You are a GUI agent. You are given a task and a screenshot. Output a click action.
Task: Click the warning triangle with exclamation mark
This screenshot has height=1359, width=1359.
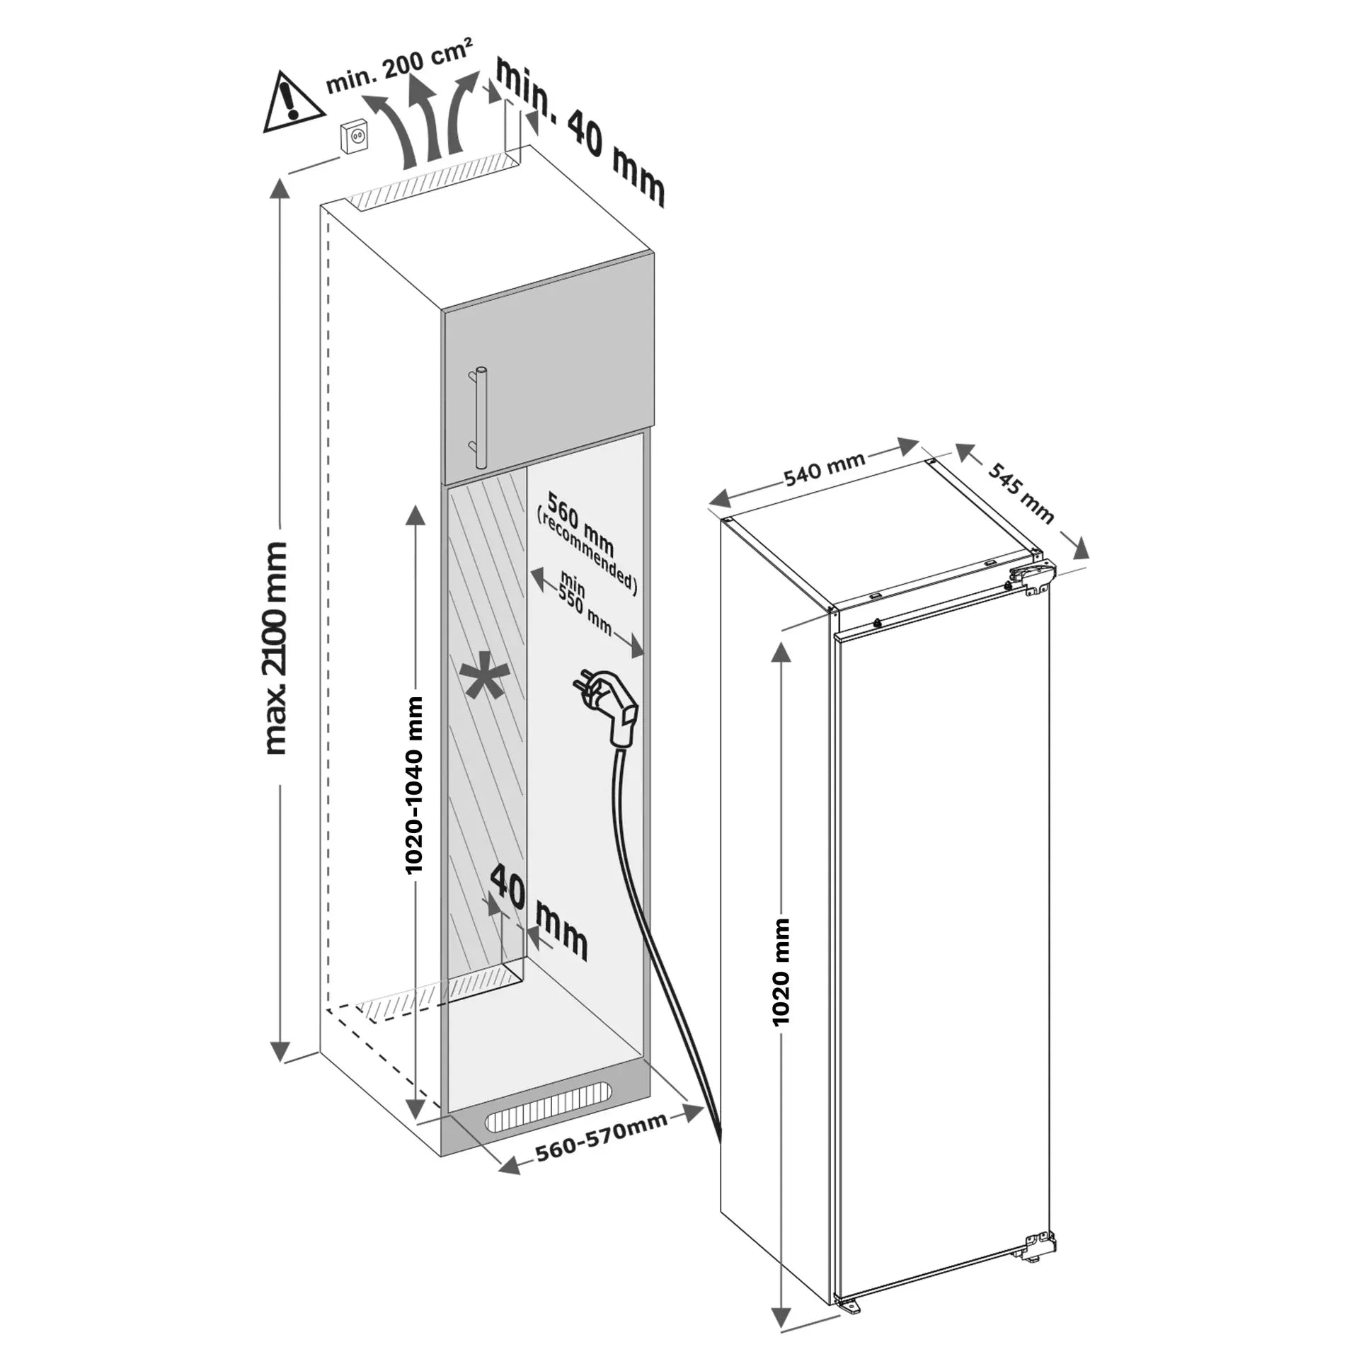[292, 103]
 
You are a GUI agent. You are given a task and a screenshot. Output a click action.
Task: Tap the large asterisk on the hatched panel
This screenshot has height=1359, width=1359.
[483, 682]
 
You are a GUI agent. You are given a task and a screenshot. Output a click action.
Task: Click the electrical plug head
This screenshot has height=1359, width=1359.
[614, 708]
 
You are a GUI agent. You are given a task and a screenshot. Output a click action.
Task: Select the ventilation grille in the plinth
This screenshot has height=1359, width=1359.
[547, 1122]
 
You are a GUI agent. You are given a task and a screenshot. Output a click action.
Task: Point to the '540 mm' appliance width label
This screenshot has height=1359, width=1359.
[825, 469]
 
